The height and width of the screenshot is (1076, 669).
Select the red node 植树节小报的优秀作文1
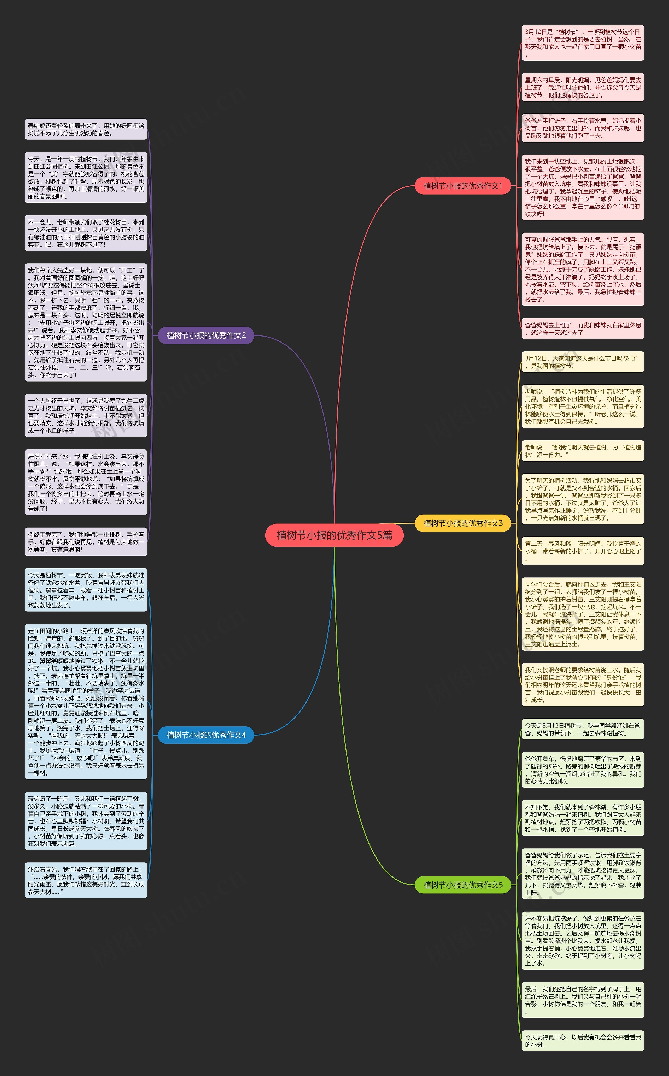point(463,186)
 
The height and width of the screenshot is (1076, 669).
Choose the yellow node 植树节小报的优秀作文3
point(463,523)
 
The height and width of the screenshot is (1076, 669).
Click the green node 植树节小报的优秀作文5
point(463,885)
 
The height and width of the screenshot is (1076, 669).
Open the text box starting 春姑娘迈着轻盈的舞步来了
point(86,129)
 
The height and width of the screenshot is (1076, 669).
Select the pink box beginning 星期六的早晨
point(583,87)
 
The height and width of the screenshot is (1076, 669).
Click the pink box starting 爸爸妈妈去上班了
point(583,328)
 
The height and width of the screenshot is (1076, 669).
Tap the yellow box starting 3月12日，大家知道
point(583,362)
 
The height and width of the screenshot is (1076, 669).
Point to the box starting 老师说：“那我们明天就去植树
point(583,451)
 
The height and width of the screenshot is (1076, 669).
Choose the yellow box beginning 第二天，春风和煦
point(583,551)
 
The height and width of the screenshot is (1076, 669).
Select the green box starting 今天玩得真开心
point(583,1041)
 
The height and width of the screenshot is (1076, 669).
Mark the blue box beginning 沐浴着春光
point(86,880)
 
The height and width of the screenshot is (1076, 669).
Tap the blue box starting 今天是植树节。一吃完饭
point(86,590)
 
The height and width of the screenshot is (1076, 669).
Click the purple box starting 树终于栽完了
point(86,542)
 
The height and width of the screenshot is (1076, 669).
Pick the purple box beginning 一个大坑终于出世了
point(86,415)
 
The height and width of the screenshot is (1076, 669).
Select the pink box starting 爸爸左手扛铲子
point(583,128)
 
